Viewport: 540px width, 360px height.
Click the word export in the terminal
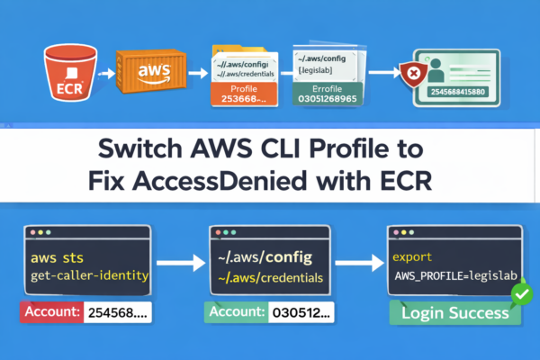[411, 256]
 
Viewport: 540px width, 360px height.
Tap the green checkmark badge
[517, 293]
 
